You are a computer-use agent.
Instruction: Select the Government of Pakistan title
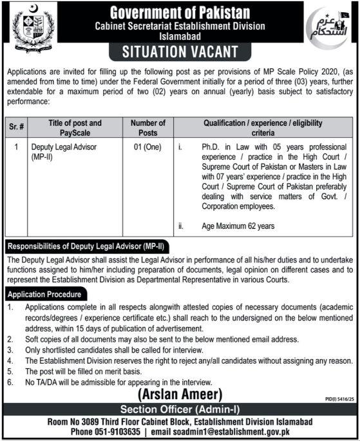180,12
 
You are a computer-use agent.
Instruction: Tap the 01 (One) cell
147,148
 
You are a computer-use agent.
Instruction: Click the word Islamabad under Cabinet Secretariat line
180,36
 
